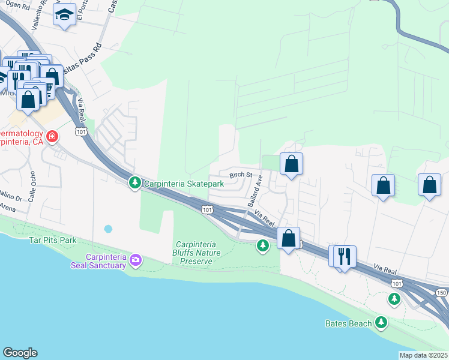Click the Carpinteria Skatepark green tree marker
coord(135,182)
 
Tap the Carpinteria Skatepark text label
coord(183,183)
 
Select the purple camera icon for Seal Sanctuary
coord(136,260)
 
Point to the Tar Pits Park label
coord(52,240)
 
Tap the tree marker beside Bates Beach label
coord(381,323)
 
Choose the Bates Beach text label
coord(348,324)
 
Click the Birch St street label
coord(240,175)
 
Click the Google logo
coord(20,353)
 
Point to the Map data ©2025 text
coord(423,355)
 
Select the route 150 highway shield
coord(441,292)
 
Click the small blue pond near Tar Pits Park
coord(108,229)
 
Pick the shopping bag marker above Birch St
coord(291,164)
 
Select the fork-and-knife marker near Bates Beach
coord(344,256)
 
